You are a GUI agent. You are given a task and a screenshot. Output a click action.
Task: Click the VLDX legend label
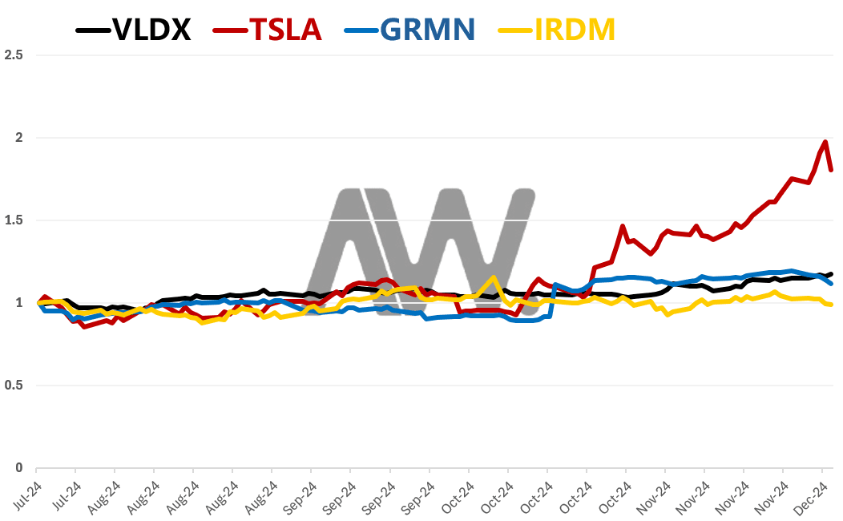(151, 29)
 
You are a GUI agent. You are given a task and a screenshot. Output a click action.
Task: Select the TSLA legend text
(286, 29)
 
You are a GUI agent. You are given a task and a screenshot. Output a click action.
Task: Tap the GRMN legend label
(427, 29)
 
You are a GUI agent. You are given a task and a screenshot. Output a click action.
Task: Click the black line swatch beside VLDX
(92, 30)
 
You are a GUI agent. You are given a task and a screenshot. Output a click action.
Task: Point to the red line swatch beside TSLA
(231, 30)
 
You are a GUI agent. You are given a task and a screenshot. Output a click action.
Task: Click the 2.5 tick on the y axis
(14, 55)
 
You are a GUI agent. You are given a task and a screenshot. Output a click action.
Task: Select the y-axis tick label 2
(18, 138)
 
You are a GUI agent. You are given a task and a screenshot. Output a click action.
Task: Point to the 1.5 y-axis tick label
(14, 220)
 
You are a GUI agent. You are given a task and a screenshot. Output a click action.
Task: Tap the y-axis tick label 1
(18, 303)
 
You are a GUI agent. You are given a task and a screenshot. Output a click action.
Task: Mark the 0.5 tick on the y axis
(14, 386)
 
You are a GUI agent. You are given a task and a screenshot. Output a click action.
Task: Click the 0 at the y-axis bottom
(18, 468)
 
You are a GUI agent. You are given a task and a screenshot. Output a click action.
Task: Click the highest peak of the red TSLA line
(825, 142)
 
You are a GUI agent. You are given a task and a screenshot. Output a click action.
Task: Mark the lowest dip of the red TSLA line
(83, 326)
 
